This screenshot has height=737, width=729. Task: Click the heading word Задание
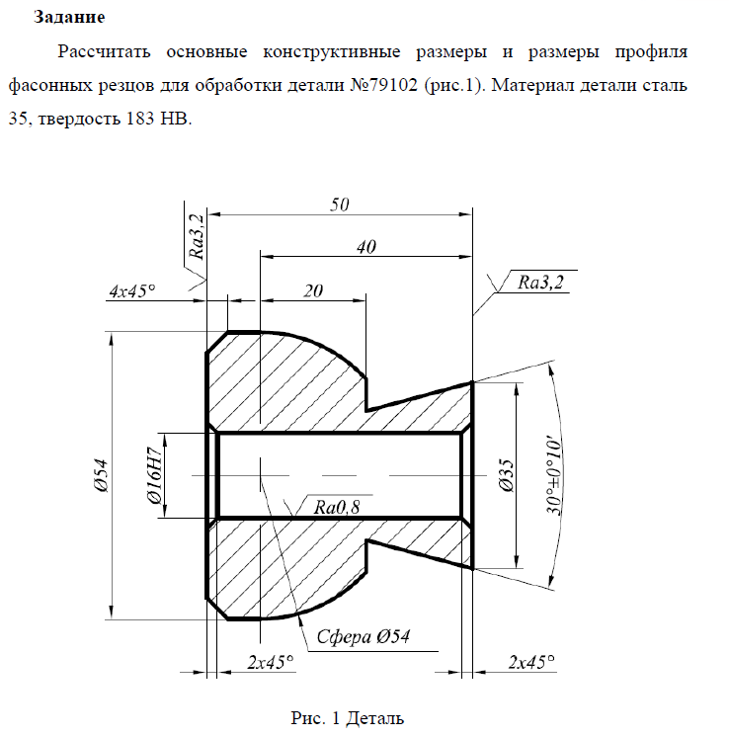point(69,18)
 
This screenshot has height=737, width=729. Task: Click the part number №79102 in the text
point(384,85)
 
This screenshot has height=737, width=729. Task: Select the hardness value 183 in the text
point(140,119)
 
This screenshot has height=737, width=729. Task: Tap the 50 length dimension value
point(340,205)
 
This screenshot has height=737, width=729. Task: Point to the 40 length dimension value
point(366,247)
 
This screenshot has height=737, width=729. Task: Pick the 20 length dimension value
point(313,290)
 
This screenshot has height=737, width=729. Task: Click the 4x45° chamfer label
point(132,290)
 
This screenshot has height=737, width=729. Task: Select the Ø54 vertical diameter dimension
point(101,475)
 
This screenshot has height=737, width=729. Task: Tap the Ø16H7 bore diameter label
point(155,475)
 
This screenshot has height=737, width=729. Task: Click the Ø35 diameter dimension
point(508,475)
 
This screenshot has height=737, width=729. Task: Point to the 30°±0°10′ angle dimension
point(554,477)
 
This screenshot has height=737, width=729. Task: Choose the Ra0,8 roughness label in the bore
point(337,507)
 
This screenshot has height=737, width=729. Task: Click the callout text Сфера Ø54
point(363,636)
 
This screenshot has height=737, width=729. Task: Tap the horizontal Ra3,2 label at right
point(540,282)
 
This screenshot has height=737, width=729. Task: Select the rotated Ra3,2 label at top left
point(197,236)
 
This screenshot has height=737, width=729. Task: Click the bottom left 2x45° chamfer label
point(271,662)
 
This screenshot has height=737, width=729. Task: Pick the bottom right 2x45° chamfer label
point(531,662)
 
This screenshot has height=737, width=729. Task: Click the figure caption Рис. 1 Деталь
point(347,718)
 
